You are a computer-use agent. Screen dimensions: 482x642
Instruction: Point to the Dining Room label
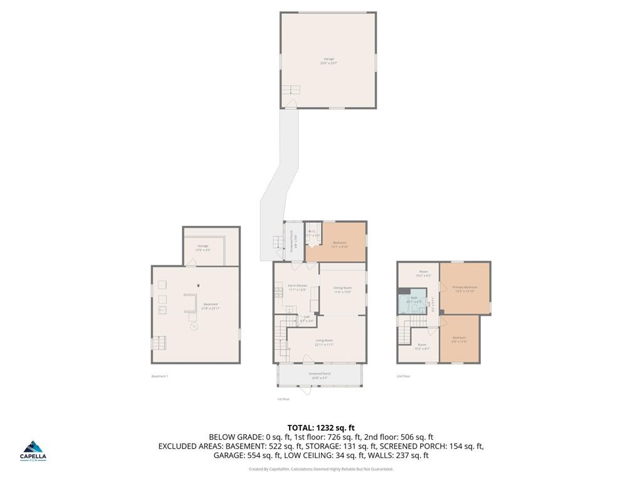click(342, 289)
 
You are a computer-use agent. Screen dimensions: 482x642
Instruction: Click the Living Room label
click(324, 342)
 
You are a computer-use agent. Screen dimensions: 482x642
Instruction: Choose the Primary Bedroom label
click(464, 289)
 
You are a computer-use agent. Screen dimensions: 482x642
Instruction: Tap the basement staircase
click(159, 343)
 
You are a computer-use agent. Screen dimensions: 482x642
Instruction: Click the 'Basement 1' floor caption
click(160, 376)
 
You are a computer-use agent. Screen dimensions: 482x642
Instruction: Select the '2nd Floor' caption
click(403, 376)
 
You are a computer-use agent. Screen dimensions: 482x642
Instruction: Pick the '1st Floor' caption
click(283, 399)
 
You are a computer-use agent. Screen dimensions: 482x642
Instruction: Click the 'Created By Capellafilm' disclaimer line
click(321, 469)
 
